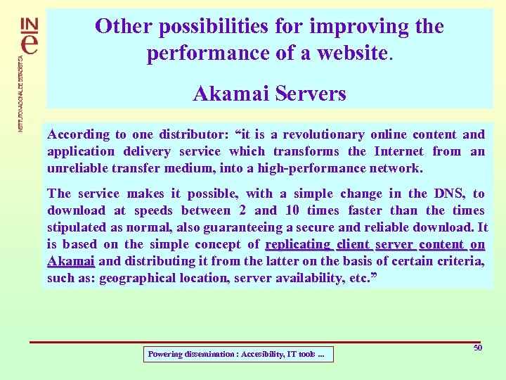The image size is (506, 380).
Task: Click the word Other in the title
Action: [x=124, y=27]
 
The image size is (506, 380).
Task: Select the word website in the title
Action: [x=351, y=53]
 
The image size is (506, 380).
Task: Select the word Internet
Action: [x=398, y=151]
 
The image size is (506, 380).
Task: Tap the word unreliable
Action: [x=80, y=168]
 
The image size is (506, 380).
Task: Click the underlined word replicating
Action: [x=298, y=244]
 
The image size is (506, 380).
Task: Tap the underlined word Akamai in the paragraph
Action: [x=71, y=261]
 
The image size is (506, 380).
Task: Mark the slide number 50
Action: [x=478, y=348]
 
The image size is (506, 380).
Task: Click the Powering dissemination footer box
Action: [x=238, y=355]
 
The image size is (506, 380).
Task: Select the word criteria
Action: [x=460, y=261]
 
